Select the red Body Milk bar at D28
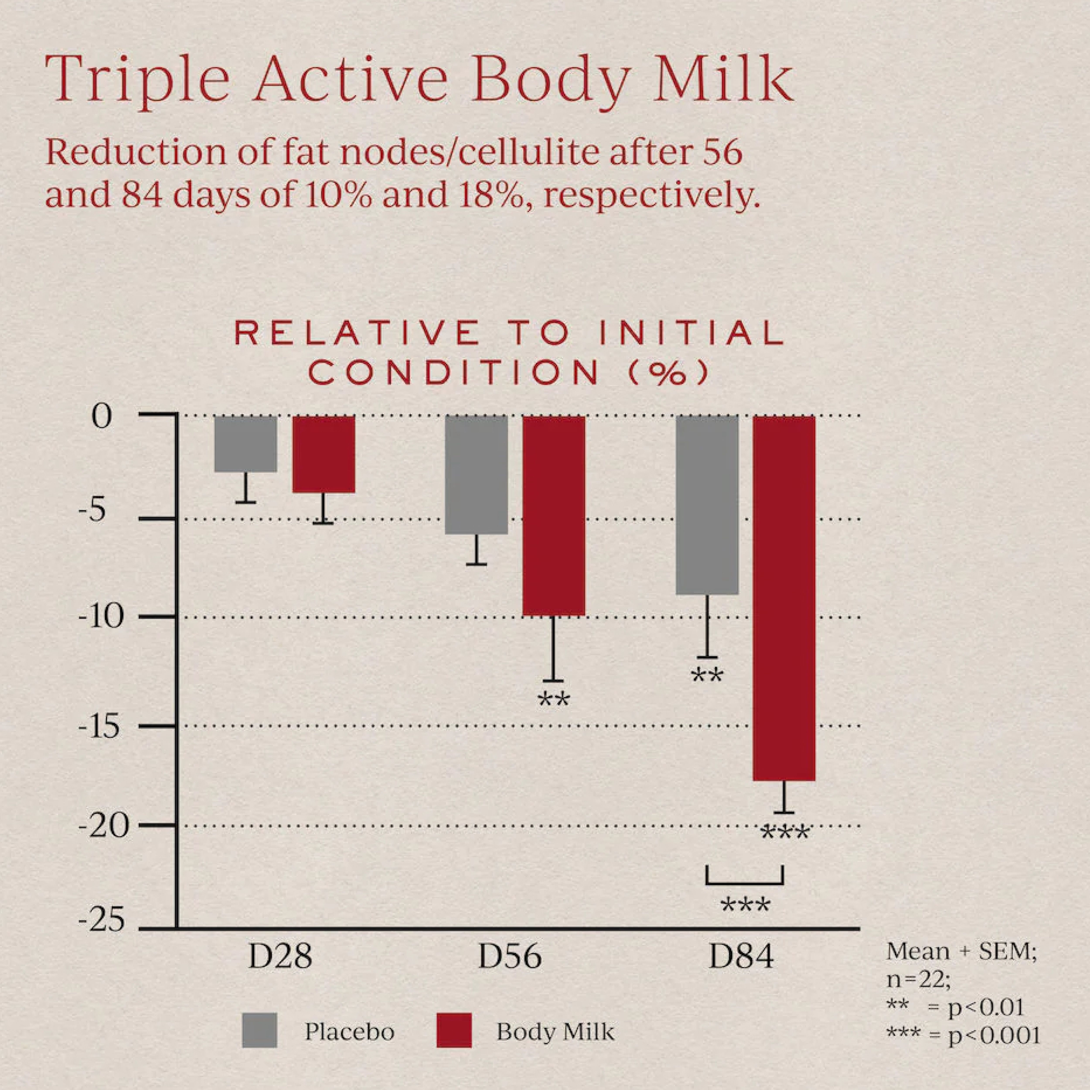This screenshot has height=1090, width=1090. (323, 454)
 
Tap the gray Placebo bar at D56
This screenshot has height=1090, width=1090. (476, 475)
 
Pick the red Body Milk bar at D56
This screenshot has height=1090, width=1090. (554, 516)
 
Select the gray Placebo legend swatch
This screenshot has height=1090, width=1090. (259, 1030)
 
